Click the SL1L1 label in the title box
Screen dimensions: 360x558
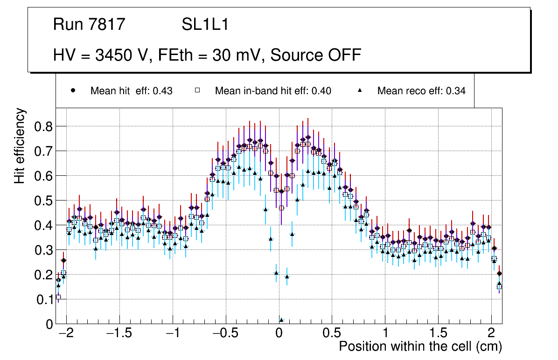205,25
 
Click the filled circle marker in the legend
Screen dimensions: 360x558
73,90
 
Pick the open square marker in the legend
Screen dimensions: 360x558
197,90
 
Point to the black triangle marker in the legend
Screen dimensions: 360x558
360,90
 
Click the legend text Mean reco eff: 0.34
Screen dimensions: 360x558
421,91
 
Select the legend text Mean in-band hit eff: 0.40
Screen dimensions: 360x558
273,91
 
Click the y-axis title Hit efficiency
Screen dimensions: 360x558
20,145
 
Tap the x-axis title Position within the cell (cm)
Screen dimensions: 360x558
420,346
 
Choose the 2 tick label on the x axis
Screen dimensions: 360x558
491,333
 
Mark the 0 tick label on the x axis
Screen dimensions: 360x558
279,333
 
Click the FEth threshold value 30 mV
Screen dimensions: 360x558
238,55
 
